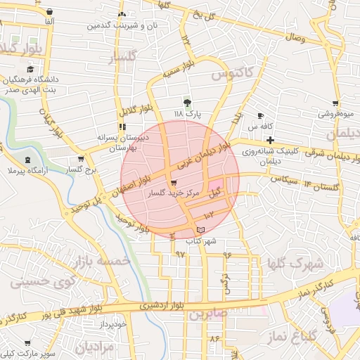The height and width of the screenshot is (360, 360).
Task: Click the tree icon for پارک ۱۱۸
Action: click(x=186, y=102)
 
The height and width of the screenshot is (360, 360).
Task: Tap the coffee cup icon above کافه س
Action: click(x=261, y=116)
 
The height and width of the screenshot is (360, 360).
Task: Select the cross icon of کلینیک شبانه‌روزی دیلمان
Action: click(x=270, y=141)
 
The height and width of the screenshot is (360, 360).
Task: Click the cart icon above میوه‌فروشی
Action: click(x=336, y=103)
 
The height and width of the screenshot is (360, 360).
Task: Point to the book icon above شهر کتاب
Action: click(x=200, y=230)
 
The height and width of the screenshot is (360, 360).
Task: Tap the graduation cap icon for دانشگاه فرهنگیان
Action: click(x=30, y=70)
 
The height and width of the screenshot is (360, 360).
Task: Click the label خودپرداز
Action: click(x=111, y=323)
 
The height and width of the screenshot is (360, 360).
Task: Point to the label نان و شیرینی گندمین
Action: click(x=117, y=25)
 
